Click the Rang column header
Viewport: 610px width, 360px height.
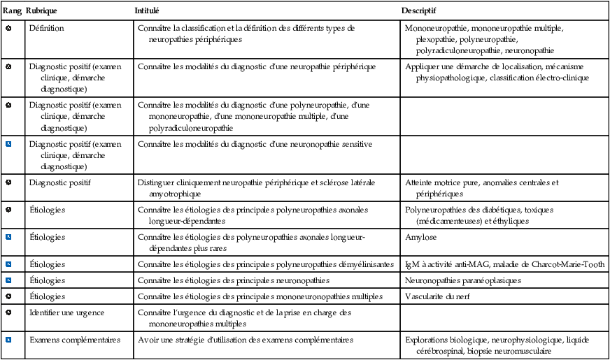tap(12, 12)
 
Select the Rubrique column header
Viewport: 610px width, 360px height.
tap(42, 12)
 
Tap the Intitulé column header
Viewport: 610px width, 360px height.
tap(147, 12)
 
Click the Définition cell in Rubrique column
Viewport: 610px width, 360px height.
tap(46, 29)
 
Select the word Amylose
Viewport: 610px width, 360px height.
tap(420, 238)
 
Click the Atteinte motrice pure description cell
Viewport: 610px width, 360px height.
tap(482, 188)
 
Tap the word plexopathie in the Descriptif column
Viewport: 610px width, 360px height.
tap(439, 40)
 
